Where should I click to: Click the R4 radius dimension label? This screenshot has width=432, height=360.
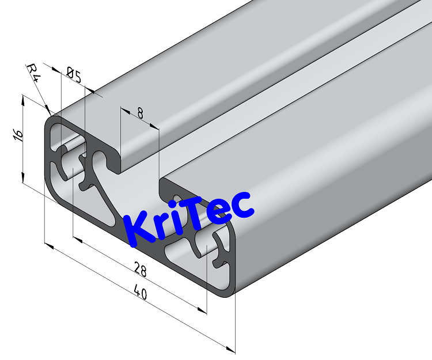click(34, 73)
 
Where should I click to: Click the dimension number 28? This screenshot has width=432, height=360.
click(140, 269)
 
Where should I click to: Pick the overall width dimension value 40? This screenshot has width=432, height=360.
click(140, 293)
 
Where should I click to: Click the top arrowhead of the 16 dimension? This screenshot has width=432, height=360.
click(22, 98)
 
